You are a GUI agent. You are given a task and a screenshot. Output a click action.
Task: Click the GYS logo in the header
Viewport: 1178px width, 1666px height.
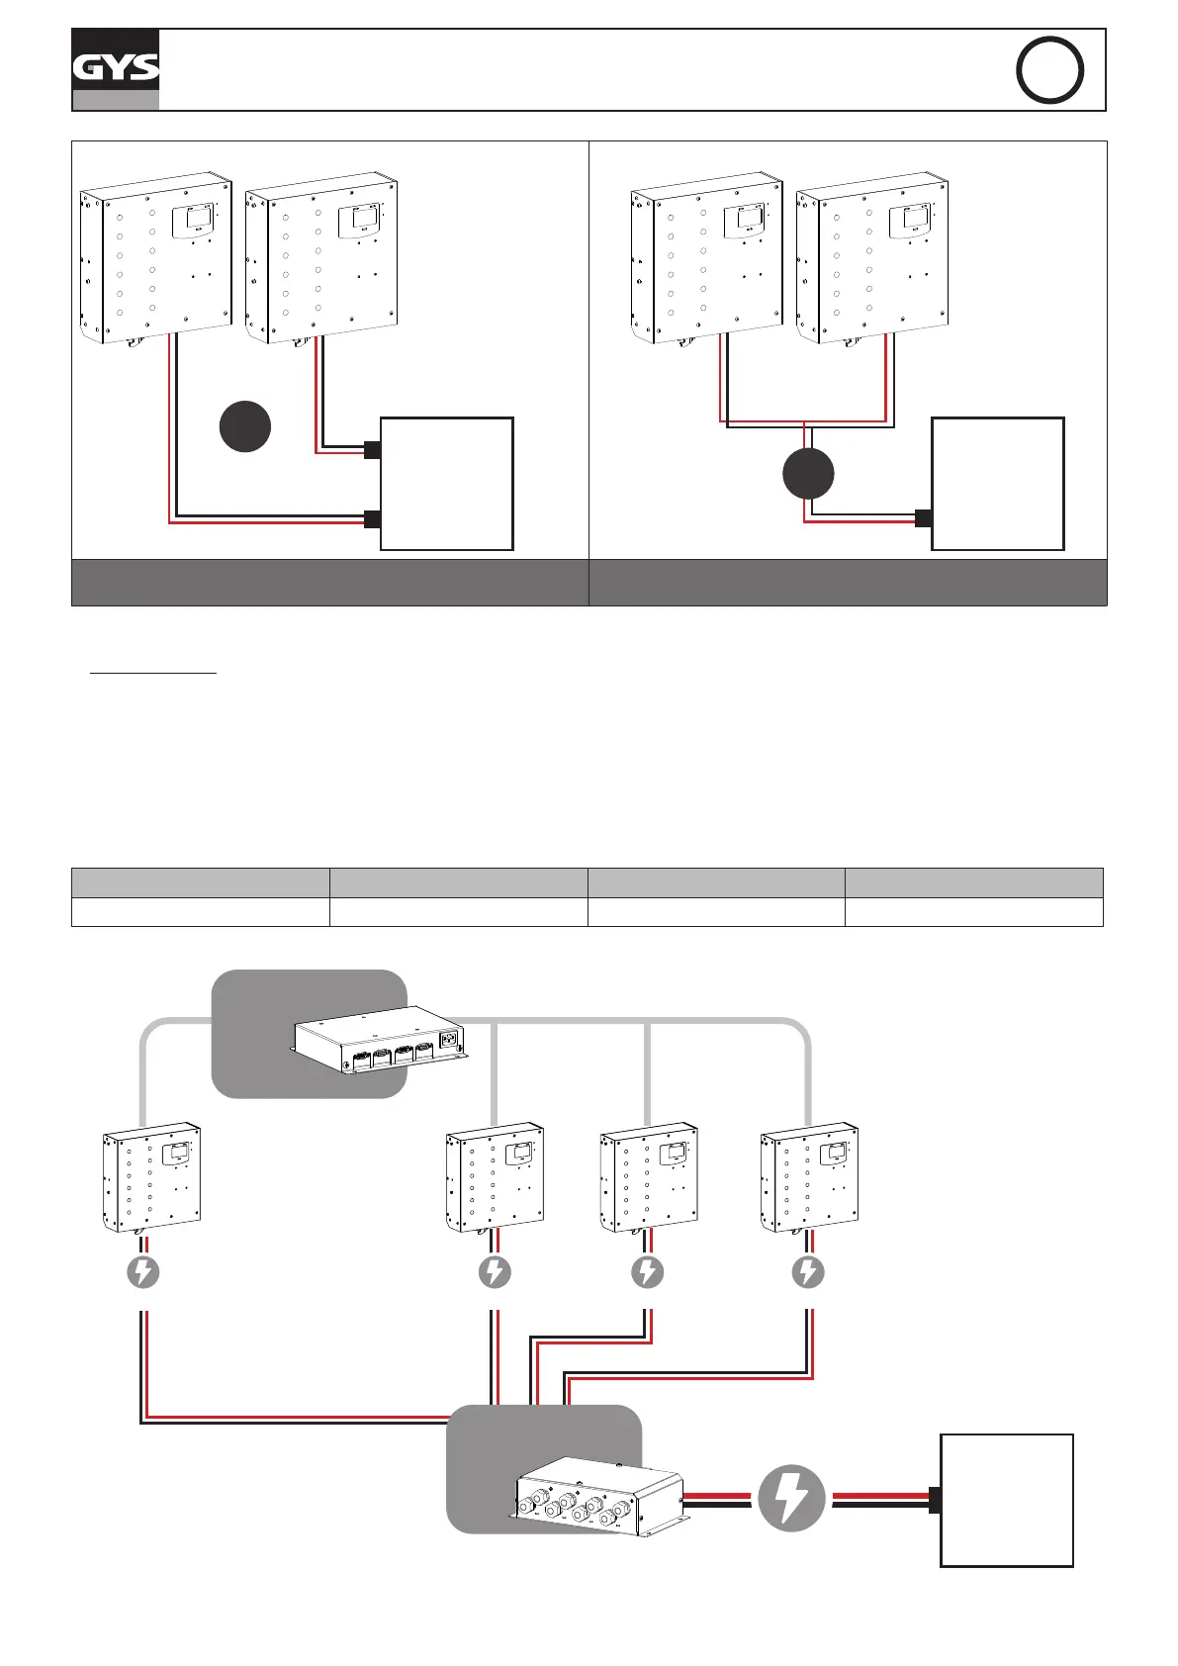click(x=116, y=67)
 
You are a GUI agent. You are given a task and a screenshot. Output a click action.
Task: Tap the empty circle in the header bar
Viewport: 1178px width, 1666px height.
click(x=1049, y=69)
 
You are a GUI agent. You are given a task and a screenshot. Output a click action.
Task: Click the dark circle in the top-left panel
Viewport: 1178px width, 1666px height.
click(x=245, y=426)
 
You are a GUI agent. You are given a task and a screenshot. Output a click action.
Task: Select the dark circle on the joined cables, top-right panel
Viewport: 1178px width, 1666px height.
click(x=808, y=474)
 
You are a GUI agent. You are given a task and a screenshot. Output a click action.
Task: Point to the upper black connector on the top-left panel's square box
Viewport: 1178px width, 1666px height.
click(x=373, y=450)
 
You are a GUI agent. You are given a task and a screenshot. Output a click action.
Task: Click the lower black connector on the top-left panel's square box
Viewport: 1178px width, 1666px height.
click(x=373, y=519)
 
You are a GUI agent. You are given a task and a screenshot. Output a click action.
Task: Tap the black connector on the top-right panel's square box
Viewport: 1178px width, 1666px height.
click(x=924, y=518)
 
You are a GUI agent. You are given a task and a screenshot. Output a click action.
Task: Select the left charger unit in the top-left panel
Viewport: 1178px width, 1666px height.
click(x=155, y=259)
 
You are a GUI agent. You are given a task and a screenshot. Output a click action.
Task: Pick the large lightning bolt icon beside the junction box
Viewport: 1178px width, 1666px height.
click(x=791, y=1498)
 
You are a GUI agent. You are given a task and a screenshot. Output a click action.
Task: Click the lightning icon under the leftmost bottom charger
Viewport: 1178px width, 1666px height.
click(x=143, y=1271)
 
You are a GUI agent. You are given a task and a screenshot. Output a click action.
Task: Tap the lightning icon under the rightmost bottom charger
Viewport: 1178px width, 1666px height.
click(x=808, y=1271)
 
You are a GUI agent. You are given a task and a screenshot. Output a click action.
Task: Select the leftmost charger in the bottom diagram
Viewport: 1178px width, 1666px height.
click(x=152, y=1176)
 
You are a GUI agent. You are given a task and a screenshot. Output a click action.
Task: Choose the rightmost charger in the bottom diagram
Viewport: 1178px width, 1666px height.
click(x=809, y=1176)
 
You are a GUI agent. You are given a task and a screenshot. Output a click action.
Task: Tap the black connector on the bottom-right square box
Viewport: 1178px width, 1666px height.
click(x=935, y=1501)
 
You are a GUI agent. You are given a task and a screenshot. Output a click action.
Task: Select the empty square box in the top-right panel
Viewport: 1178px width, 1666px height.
click(x=998, y=483)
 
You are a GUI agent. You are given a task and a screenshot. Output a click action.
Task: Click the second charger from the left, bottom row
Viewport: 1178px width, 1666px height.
click(x=495, y=1176)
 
